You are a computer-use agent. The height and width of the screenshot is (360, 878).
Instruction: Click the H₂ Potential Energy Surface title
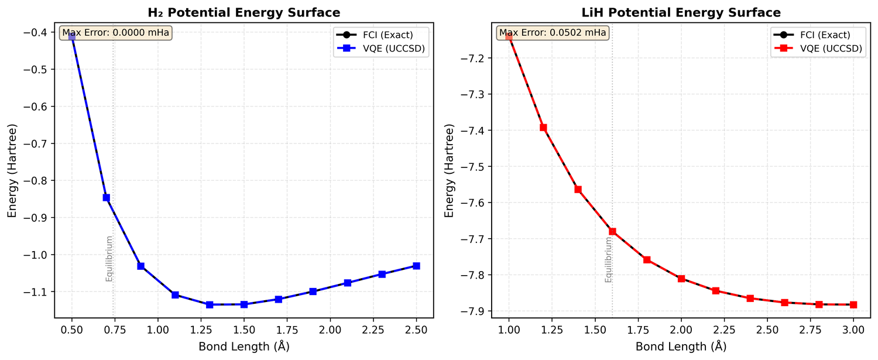pyautogui.click(x=243, y=12)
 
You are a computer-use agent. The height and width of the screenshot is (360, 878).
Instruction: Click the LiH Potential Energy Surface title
pyautogui.click(x=681, y=12)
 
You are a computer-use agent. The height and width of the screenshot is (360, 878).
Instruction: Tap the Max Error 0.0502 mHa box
pyautogui.click(x=552, y=33)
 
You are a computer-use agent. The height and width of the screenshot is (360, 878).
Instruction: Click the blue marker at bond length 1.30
pyautogui.click(x=210, y=304)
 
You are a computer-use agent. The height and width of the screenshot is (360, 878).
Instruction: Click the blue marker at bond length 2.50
pyautogui.click(x=416, y=266)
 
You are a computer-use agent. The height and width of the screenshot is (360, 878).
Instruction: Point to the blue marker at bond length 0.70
pyautogui.click(x=107, y=197)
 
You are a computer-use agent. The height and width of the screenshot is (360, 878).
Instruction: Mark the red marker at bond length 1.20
pyautogui.click(x=543, y=128)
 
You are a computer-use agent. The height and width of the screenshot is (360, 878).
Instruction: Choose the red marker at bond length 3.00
pyautogui.click(x=853, y=304)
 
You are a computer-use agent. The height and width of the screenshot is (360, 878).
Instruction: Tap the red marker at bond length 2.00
pyautogui.click(x=681, y=279)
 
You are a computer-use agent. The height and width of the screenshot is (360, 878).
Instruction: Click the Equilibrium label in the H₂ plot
pyautogui.click(x=109, y=258)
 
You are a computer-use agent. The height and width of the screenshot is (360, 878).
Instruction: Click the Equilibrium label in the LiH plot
pyautogui.click(x=608, y=263)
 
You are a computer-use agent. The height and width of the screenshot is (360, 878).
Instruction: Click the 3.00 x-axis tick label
pyautogui.click(x=853, y=330)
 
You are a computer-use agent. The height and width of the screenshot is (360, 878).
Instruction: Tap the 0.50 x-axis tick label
pyautogui.click(x=72, y=330)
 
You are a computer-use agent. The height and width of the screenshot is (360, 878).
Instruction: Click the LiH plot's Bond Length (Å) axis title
pyautogui.click(x=681, y=346)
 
